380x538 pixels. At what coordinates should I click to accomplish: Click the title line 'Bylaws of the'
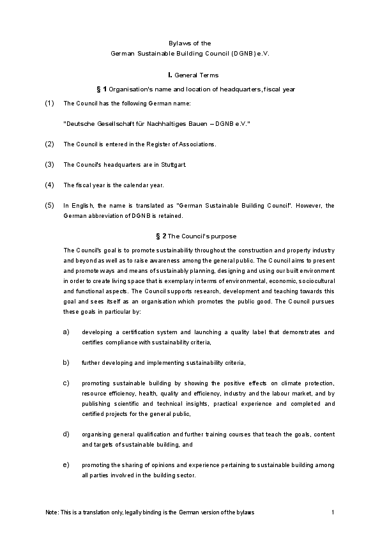[190, 43]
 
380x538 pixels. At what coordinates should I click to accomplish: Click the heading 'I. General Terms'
[190, 75]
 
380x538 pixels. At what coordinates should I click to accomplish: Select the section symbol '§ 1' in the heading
[100, 88]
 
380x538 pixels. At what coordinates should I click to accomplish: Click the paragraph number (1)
[50, 103]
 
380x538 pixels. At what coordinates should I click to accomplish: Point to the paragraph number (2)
[50, 144]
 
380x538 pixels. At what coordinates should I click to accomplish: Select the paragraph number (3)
[50, 164]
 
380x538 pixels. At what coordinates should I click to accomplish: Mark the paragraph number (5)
[50, 205]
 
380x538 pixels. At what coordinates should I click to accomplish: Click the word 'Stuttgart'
[172, 165]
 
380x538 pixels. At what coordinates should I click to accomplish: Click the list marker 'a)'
[66, 332]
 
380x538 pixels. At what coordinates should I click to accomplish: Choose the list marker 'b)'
[66, 362]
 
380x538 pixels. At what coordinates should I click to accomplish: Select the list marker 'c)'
[66, 383]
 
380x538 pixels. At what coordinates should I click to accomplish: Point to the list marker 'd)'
[66, 434]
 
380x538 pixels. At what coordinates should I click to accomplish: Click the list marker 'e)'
[66, 464]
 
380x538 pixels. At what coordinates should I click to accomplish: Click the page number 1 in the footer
[333, 513]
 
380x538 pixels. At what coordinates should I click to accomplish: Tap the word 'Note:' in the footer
[52, 513]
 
